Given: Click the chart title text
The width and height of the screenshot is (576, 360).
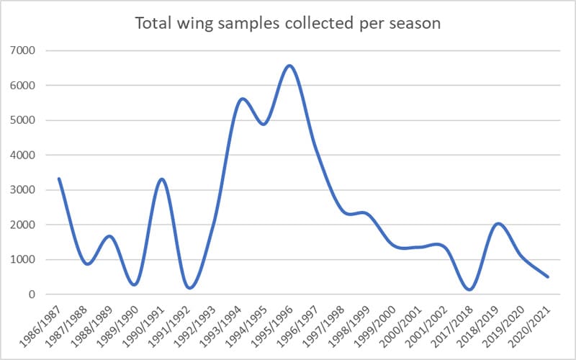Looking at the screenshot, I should click(x=287, y=23).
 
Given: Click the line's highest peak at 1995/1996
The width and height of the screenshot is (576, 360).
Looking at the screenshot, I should click(x=289, y=66).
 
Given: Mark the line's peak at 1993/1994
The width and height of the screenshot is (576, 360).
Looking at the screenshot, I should click(x=240, y=99).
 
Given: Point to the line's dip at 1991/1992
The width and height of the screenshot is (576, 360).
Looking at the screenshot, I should click(x=190, y=288).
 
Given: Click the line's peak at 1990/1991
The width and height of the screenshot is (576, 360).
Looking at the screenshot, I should click(x=162, y=179).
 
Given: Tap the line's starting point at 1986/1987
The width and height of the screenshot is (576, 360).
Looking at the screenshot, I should click(x=59, y=179).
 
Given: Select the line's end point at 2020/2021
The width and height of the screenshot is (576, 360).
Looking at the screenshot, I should click(x=549, y=276).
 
